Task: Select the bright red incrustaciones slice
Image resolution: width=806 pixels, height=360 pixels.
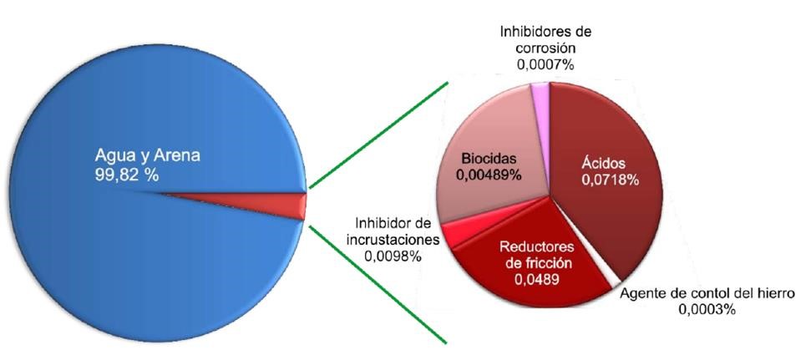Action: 455,234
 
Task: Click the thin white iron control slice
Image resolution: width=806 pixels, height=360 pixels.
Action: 616,275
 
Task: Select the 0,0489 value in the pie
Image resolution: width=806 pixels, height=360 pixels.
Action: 539,279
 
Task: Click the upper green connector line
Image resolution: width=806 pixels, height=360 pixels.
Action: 380,134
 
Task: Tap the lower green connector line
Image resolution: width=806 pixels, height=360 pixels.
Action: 380,284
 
